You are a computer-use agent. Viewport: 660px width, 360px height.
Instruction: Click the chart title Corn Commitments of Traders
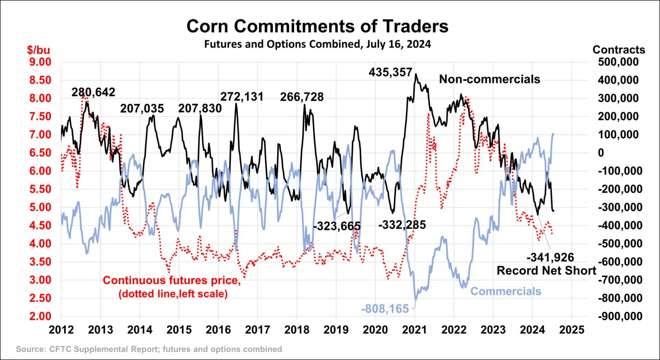coord(317,27)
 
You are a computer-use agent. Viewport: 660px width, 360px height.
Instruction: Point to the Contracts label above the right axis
coord(619,49)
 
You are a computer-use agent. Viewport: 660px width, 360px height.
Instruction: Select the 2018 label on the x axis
coord(297,330)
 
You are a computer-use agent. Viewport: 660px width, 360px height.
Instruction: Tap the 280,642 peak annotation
coord(93,92)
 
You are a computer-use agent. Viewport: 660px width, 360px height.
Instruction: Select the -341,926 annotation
coord(550,257)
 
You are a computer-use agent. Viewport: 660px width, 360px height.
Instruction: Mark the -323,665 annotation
coord(337,226)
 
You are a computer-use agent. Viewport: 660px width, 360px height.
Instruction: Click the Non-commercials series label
coord(489,79)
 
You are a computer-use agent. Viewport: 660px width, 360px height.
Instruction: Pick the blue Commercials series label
coord(506,291)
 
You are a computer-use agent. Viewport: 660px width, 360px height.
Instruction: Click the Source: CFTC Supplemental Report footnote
coord(149,349)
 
